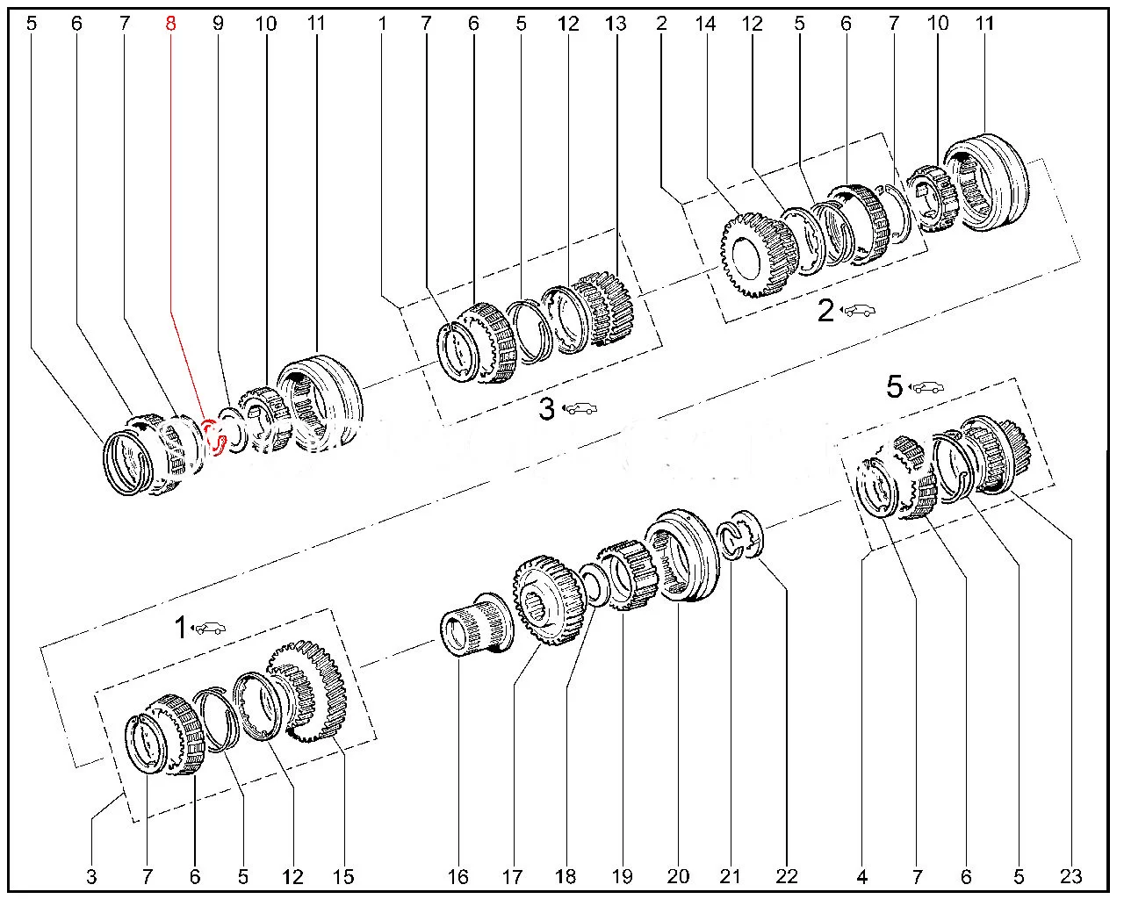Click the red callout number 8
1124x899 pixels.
click(x=170, y=24)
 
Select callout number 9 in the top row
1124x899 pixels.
click(x=218, y=24)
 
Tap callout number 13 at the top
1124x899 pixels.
click(x=616, y=24)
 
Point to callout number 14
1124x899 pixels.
click(x=705, y=24)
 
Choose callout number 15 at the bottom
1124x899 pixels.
click(x=342, y=876)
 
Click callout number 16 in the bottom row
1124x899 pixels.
click(x=458, y=876)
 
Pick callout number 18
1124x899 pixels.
click(x=566, y=876)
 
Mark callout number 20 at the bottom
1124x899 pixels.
click(x=678, y=876)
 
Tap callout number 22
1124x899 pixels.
click(x=787, y=876)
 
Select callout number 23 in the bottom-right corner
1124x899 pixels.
click(x=1070, y=876)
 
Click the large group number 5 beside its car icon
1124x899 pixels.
click(x=894, y=386)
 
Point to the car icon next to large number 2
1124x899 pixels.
click(x=860, y=310)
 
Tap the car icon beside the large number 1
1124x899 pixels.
click(x=209, y=628)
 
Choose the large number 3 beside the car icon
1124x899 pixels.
click(x=546, y=408)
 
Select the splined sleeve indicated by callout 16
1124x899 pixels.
click(x=471, y=625)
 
